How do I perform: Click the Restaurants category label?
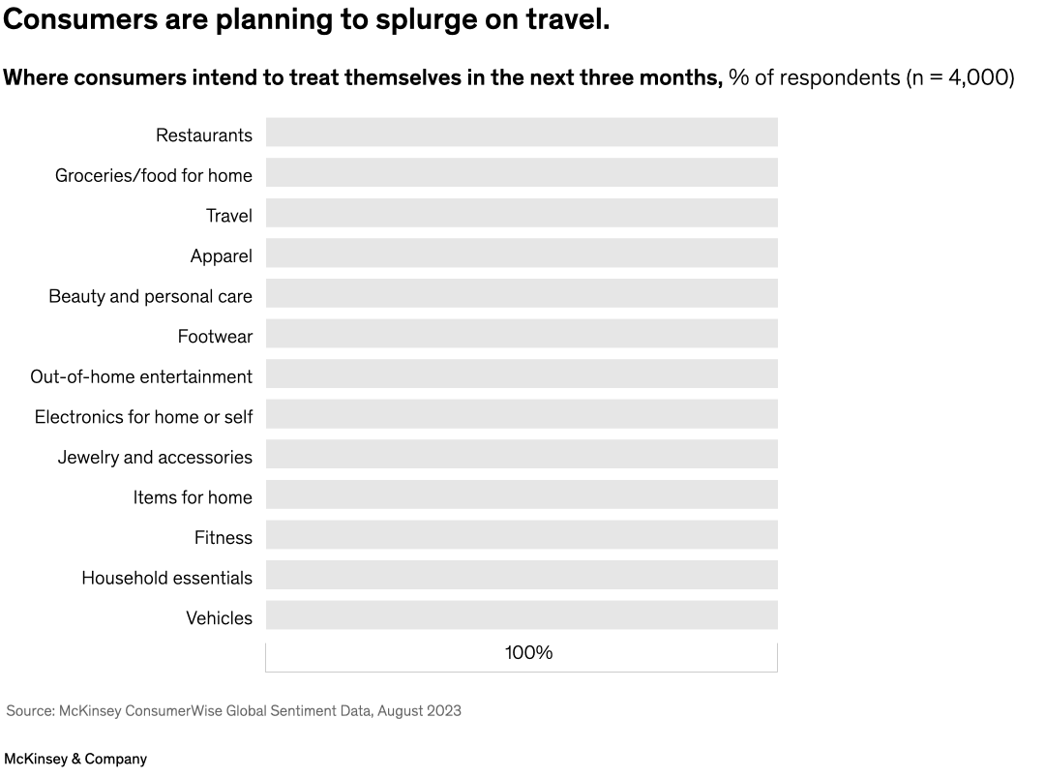(203, 135)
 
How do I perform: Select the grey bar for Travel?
(522, 213)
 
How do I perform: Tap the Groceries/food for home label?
(153, 175)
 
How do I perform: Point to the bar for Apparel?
(522, 254)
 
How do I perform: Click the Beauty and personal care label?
(150, 296)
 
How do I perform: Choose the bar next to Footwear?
(522, 334)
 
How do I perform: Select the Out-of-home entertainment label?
(141, 376)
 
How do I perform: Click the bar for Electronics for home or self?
(522, 414)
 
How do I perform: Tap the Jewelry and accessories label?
(155, 457)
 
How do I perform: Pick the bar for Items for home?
(522, 494)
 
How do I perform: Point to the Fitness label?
(223, 537)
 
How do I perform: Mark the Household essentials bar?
(522, 575)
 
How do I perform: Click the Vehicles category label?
(219, 617)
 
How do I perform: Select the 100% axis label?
(528, 653)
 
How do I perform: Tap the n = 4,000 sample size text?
(960, 78)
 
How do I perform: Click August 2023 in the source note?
(419, 711)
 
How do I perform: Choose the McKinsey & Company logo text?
(75, 760)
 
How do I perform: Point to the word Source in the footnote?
(29, 711)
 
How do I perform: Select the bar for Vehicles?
(522, 615)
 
